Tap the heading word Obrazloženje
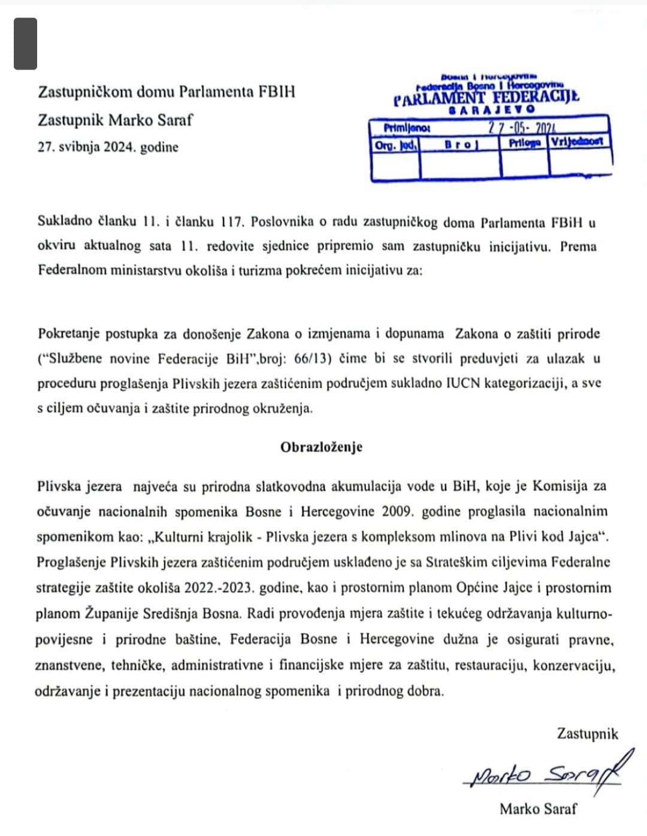tap(321, 447)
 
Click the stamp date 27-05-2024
tap(522, 128)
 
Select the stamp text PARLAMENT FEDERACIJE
tap(486, 98)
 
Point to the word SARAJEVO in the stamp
tap(491, 110)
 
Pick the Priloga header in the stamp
tap(524, 143)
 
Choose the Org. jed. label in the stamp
tap(395, 144)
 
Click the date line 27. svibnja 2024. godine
tap(108, 147)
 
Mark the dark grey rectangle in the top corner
tap(26, 44)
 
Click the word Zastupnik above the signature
tap(587, 734)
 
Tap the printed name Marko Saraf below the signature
tap(538, 809)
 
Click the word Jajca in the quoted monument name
tap(583, 537)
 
